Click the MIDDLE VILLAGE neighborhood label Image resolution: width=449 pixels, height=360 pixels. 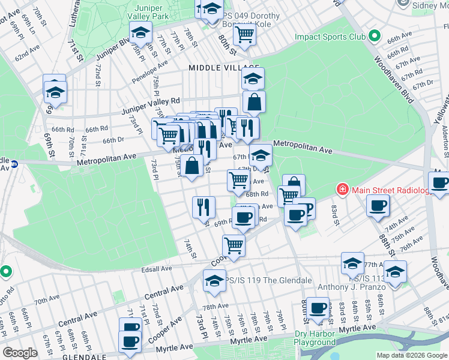[224, 68]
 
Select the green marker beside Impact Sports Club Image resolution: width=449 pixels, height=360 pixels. [375, 37]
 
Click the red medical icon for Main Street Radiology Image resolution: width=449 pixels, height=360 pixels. [342, 190]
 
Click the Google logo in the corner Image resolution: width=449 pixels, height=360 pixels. [20, 353]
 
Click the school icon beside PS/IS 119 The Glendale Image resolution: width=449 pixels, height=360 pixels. [214, 280]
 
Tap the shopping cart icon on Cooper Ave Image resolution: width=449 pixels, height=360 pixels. [234, 245]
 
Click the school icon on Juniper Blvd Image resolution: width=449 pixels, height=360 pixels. [140, 32]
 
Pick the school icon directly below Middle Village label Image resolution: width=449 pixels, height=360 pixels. [253, 78]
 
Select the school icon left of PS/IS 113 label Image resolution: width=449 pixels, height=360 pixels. [352, 262]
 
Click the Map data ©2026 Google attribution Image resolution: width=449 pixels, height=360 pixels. [412, 355]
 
